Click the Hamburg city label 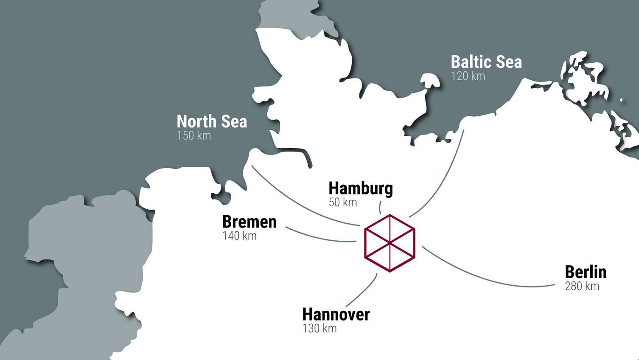(361, 188)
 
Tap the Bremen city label (249, 222)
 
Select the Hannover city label (336, 315)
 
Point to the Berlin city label (586, 272)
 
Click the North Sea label (212, 122)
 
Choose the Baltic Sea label (486, 62)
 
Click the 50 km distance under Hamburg (342, 202)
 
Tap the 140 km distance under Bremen (239, 236)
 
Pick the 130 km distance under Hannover (319, 329)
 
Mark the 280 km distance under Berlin (582, 286)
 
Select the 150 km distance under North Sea (193, 136)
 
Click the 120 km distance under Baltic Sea (468, 76)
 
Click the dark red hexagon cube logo (390, 243)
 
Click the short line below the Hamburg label (380, 208)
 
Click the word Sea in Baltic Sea (509, 62)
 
